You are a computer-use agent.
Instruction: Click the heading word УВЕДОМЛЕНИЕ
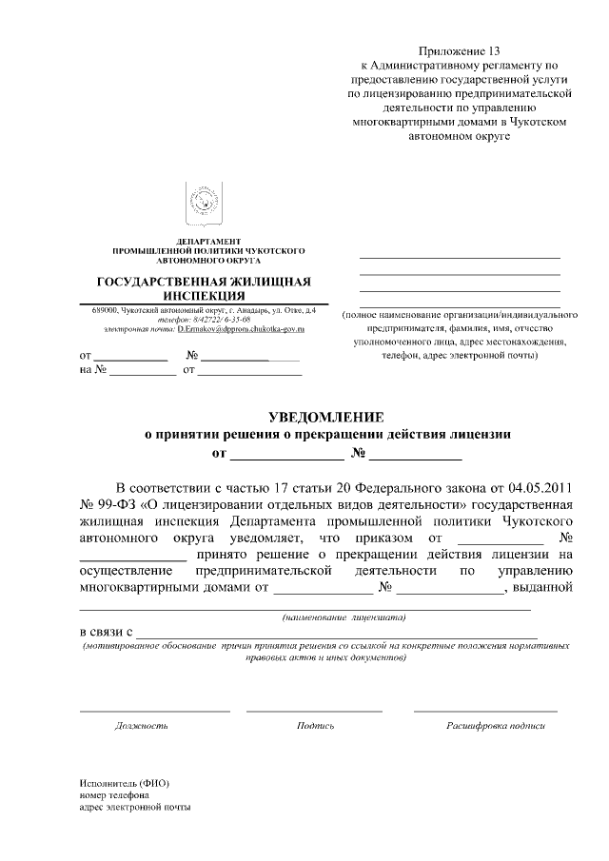[326, 417]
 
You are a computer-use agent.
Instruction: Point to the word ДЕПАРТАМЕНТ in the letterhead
[208, 241]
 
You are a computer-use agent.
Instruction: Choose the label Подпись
[315, 726]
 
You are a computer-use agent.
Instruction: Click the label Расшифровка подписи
[496, 726]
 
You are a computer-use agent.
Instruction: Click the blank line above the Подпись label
[314, 711]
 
